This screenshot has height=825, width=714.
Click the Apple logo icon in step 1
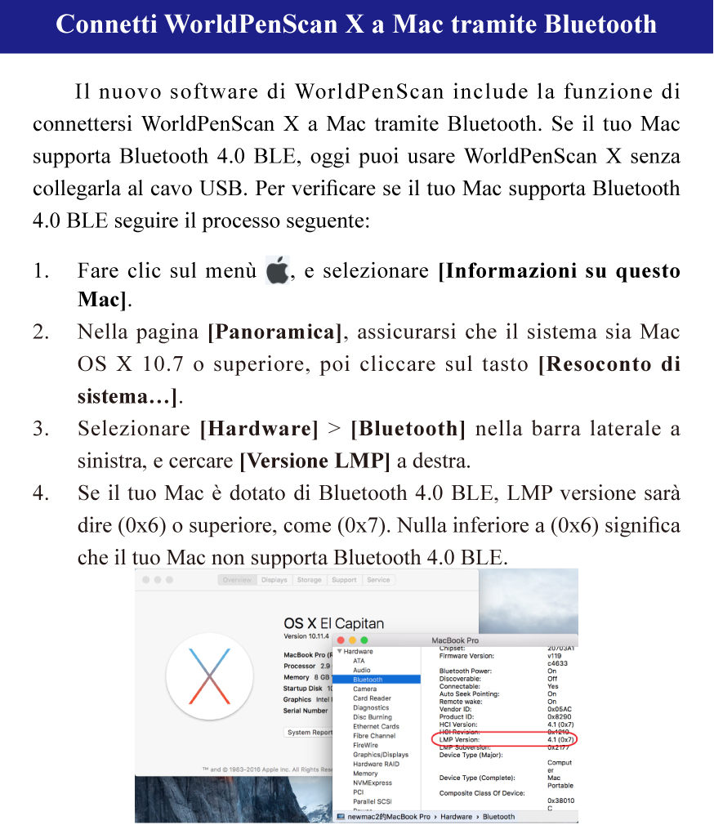point(278,270)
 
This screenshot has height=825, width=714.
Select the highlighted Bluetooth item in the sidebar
point(368,680)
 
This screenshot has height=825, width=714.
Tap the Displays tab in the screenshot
point(274,580)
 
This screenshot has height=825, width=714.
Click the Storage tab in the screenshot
point(309,580)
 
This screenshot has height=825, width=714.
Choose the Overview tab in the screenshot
point(237,580)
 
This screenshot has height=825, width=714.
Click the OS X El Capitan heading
point(333,623)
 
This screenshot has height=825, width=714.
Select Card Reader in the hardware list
point(372,698)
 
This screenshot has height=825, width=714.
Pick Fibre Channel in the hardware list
point(374,736)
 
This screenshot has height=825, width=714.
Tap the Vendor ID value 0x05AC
point(560,709)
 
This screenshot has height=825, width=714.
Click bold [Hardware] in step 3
point(259,429)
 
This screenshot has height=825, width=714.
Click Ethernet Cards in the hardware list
point(376,726)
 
